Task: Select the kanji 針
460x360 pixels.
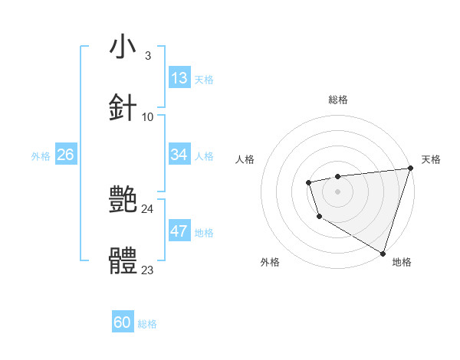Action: click(x=123, y=107)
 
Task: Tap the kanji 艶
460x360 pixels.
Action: click(x=123, y=200)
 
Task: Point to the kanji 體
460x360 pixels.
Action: click(x=123, y=261)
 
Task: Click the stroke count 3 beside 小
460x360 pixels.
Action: click(x=147, y=55)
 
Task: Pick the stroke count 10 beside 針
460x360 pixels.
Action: click(x=148, y=116)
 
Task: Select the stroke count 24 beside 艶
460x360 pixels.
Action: click(x=148, y=208)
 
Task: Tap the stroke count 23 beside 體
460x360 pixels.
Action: click(x=148, y=270)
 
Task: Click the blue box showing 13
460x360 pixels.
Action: click(x=179, y=78)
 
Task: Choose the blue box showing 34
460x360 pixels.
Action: click(x=179, y=155)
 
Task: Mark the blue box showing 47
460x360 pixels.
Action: click(x=179, y=231)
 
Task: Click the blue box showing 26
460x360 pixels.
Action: click(x=65, y=155)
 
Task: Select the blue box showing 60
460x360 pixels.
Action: click(x=123, y=322)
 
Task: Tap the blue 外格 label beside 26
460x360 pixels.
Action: click(x=41, y=156)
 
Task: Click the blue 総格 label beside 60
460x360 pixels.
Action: click(x=147, y=324)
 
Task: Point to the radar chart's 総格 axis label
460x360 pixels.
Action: click(x=338, y=100)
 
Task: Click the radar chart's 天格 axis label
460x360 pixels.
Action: click(x=431, y=159)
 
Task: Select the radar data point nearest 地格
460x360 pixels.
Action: click(x=383, y=252)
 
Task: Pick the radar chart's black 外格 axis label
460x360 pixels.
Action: click(x=270, y=262)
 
